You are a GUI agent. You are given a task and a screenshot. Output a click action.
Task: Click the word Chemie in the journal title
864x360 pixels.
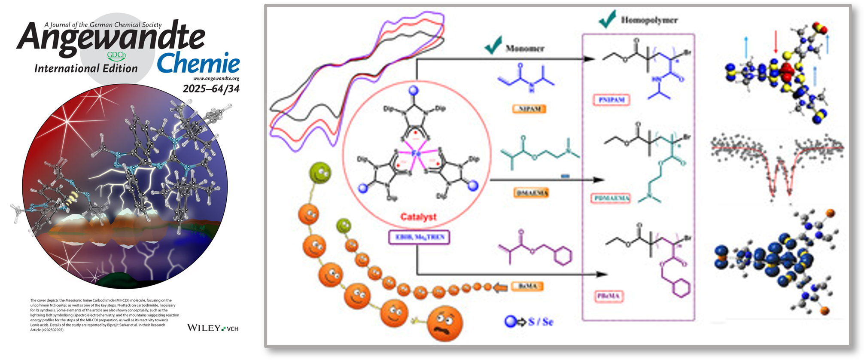[198, 64]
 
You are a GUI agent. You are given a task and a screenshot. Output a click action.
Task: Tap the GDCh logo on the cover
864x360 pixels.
[116, 55]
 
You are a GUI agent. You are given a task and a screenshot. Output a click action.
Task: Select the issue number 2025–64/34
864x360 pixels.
[211, 89]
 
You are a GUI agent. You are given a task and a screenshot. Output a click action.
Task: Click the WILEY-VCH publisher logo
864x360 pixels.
[213, 328]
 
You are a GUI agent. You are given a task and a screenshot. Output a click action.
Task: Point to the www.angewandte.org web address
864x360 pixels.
[216, 79]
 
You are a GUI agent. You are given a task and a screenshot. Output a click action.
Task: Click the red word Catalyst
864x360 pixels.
[418, 217]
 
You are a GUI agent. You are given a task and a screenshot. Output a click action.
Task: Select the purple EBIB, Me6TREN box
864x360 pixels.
[419, 237]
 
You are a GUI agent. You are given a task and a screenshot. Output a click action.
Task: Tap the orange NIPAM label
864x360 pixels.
[529, 109]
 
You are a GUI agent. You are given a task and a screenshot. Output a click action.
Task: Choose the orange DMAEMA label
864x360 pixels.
[531, 193]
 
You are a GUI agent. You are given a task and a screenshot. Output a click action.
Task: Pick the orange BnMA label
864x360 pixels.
[527, 287]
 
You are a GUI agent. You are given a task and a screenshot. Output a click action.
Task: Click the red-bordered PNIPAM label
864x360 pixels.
[611, 100]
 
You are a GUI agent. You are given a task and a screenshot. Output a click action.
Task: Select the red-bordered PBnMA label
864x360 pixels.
[609, 296]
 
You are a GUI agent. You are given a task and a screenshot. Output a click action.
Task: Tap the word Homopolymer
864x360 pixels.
[649, 20]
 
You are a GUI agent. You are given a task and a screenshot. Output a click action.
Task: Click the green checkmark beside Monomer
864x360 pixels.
[493, 45]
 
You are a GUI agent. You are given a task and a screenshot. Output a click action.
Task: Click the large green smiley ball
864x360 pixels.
[320, 173]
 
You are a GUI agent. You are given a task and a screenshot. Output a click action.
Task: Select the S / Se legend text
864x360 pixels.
[541, 321]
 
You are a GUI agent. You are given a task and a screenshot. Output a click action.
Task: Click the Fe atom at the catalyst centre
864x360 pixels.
[416, 153]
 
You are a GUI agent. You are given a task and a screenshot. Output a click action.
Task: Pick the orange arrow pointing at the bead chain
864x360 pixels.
[500, 287]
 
